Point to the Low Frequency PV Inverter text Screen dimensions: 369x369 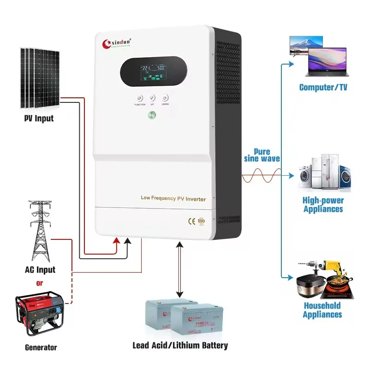(x=173, y=198)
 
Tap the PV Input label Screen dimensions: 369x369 (x=39, y=119)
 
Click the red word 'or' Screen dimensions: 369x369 (x=39, y=282)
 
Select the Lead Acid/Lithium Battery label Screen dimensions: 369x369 (x=180, y=345)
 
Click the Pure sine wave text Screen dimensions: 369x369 (x=263, y=155)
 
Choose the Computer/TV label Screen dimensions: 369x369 (x=323, y=87)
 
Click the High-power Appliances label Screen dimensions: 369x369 (x=323, y=205)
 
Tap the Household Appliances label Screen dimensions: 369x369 (x=322, y=310)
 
